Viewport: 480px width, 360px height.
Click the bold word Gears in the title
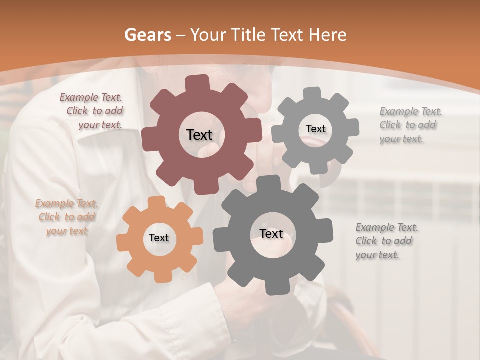pyautogui.click(x=147, y=35)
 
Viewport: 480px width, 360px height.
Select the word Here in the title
pyautogui.click(x=327, y=35)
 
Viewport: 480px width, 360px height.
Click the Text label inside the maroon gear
pyautogui.click(x=199, y=135)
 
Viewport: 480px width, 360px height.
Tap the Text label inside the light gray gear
pyautogui.click(x=315, y=129)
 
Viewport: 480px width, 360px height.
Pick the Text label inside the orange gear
pyautogui.click(x=159, y=238)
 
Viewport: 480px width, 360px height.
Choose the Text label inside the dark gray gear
pyautogui.click(x=271, y=233)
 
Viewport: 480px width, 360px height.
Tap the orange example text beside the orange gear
pyautogui.click(x=66, y=217)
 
